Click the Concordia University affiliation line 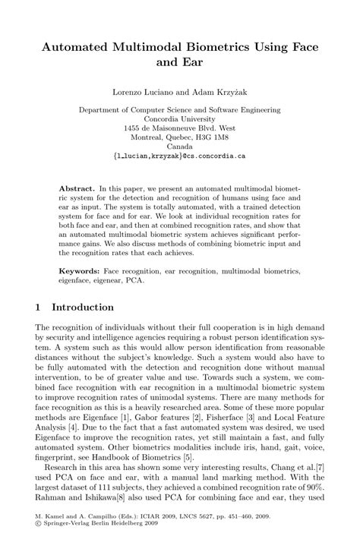coord(180,118)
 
